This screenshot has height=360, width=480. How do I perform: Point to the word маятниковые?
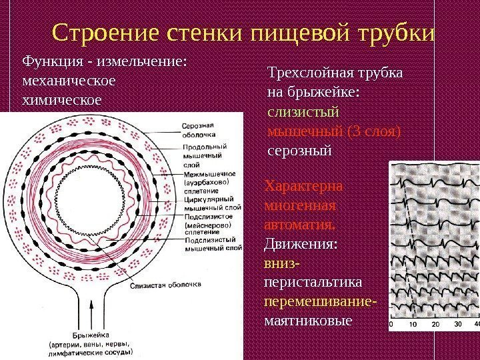(x=307, y=321)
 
